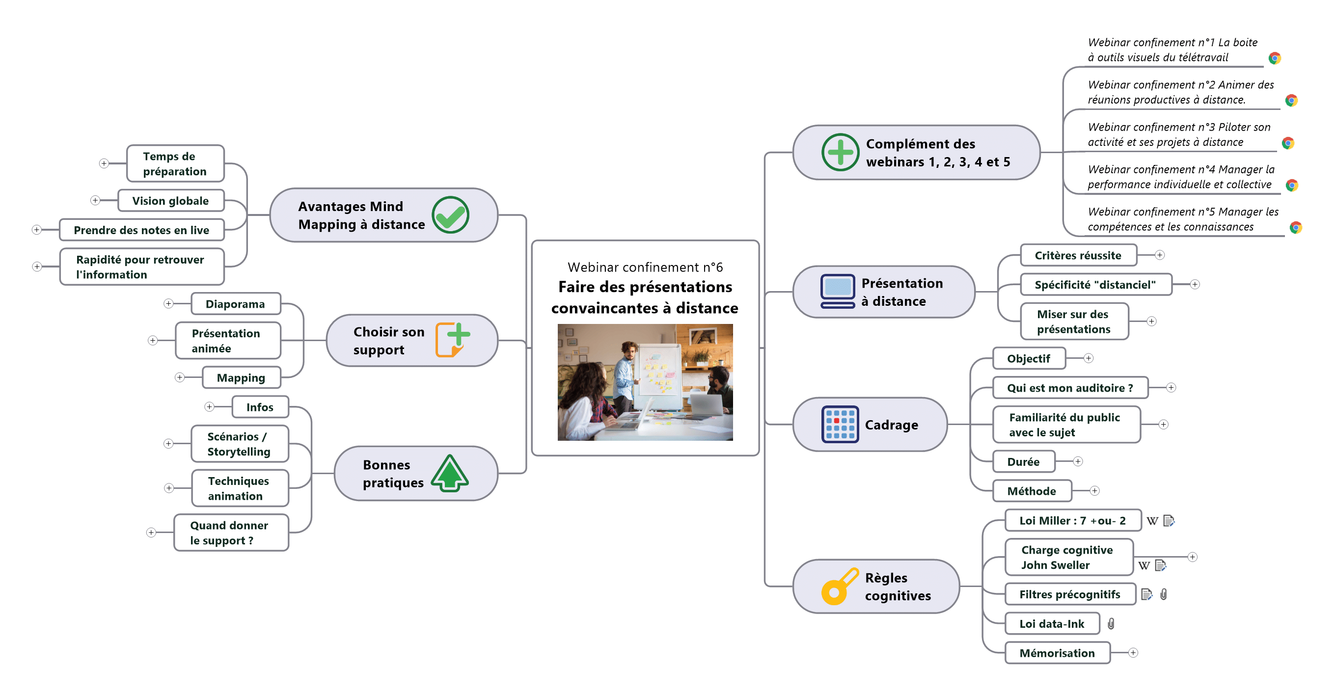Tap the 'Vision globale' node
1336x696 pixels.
pos(171,201)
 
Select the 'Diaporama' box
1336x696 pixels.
pos(236,304)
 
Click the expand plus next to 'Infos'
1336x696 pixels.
pos(209,407)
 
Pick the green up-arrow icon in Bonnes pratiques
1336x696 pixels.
pos(450,473)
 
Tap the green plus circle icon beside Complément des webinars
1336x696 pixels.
pos(840,153)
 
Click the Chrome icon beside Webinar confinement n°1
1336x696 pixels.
pos(1275,58)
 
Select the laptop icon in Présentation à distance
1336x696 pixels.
pos(838,292)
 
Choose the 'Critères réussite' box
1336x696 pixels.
pos(1078,255)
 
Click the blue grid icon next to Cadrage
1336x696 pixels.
pos(840,424)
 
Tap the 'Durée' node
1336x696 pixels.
pos(1023,461)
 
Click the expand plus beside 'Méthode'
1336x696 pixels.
pos(1094,491)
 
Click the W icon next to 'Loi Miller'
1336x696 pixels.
pos(1152,521)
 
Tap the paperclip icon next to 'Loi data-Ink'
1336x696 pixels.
pos(1111,624)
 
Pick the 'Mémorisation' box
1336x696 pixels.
pos(1057,653)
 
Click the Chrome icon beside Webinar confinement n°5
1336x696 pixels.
pos(1296,228)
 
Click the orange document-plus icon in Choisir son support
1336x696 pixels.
pos(452,340)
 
